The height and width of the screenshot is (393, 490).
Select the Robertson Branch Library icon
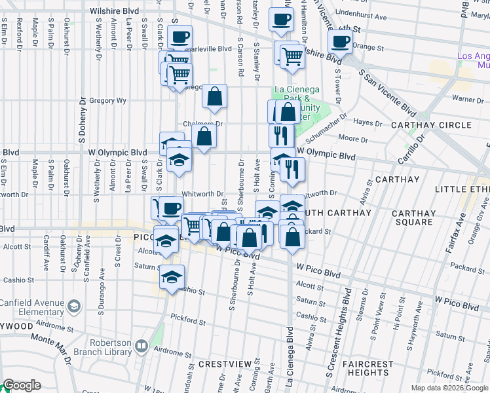[x=141, y=345]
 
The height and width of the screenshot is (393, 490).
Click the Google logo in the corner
[x=22, y=386]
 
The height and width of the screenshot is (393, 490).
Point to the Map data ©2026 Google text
[x=449, y=388]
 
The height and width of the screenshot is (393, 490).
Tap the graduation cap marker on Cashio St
[x=172, y=277]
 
